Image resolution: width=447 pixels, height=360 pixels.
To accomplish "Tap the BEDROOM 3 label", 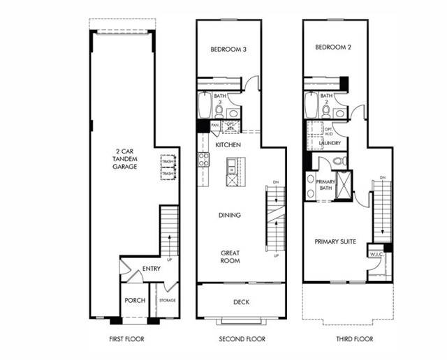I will pyautogui.click(x=229, y=50).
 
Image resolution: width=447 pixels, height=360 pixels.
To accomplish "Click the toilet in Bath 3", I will pyautogui.click(x=219, y=111).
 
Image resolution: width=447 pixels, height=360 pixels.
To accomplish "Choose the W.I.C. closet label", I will pyautogui.click(x=374, y=255).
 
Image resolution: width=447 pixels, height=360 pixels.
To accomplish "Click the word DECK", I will pyautogui.click(x=241, y=302).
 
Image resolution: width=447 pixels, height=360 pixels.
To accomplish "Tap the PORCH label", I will pyautogui.click(x=134, y=301).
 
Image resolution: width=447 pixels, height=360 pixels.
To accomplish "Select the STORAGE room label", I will pyautogui.click(x=167, y=301).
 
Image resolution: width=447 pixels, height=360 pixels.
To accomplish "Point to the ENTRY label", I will pyautogui.click(x=152, y=269).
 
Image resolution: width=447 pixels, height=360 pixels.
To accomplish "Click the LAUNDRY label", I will pyautogui.click(x=330, y=144).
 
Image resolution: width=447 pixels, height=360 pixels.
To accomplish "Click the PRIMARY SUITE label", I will pyautogui.click(x=335, y=241).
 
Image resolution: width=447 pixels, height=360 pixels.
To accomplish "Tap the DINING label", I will pyautogui.click(x=230, y=215).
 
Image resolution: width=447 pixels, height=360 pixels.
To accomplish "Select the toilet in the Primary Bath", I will pyautogui.click(x=338, y=161).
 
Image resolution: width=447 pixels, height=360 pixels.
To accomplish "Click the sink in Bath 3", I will pyautogui.click(x=233, y=113).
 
